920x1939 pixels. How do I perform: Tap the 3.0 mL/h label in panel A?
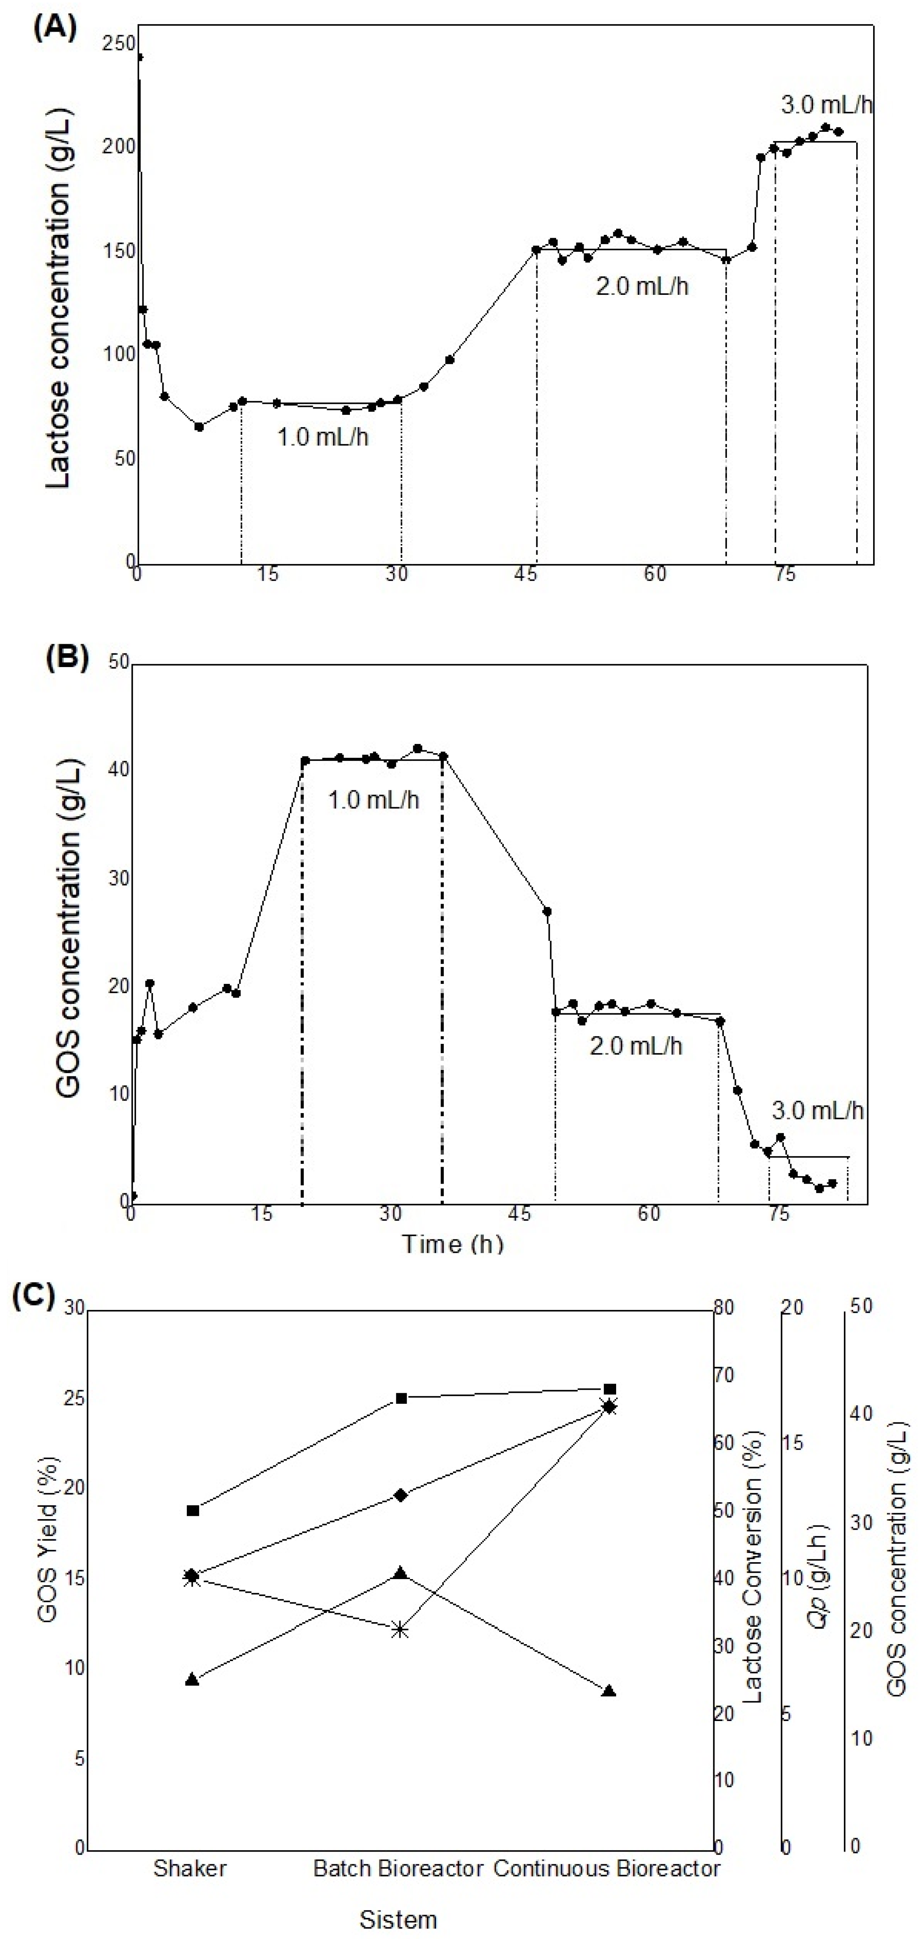click(826, 105)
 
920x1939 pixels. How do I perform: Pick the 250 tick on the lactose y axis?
click(119, 44)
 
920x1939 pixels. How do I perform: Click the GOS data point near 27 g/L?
click(547, 912)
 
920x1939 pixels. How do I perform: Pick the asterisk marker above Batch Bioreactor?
click(401, 1630)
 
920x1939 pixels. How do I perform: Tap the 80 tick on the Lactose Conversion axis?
click(723, 1307)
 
